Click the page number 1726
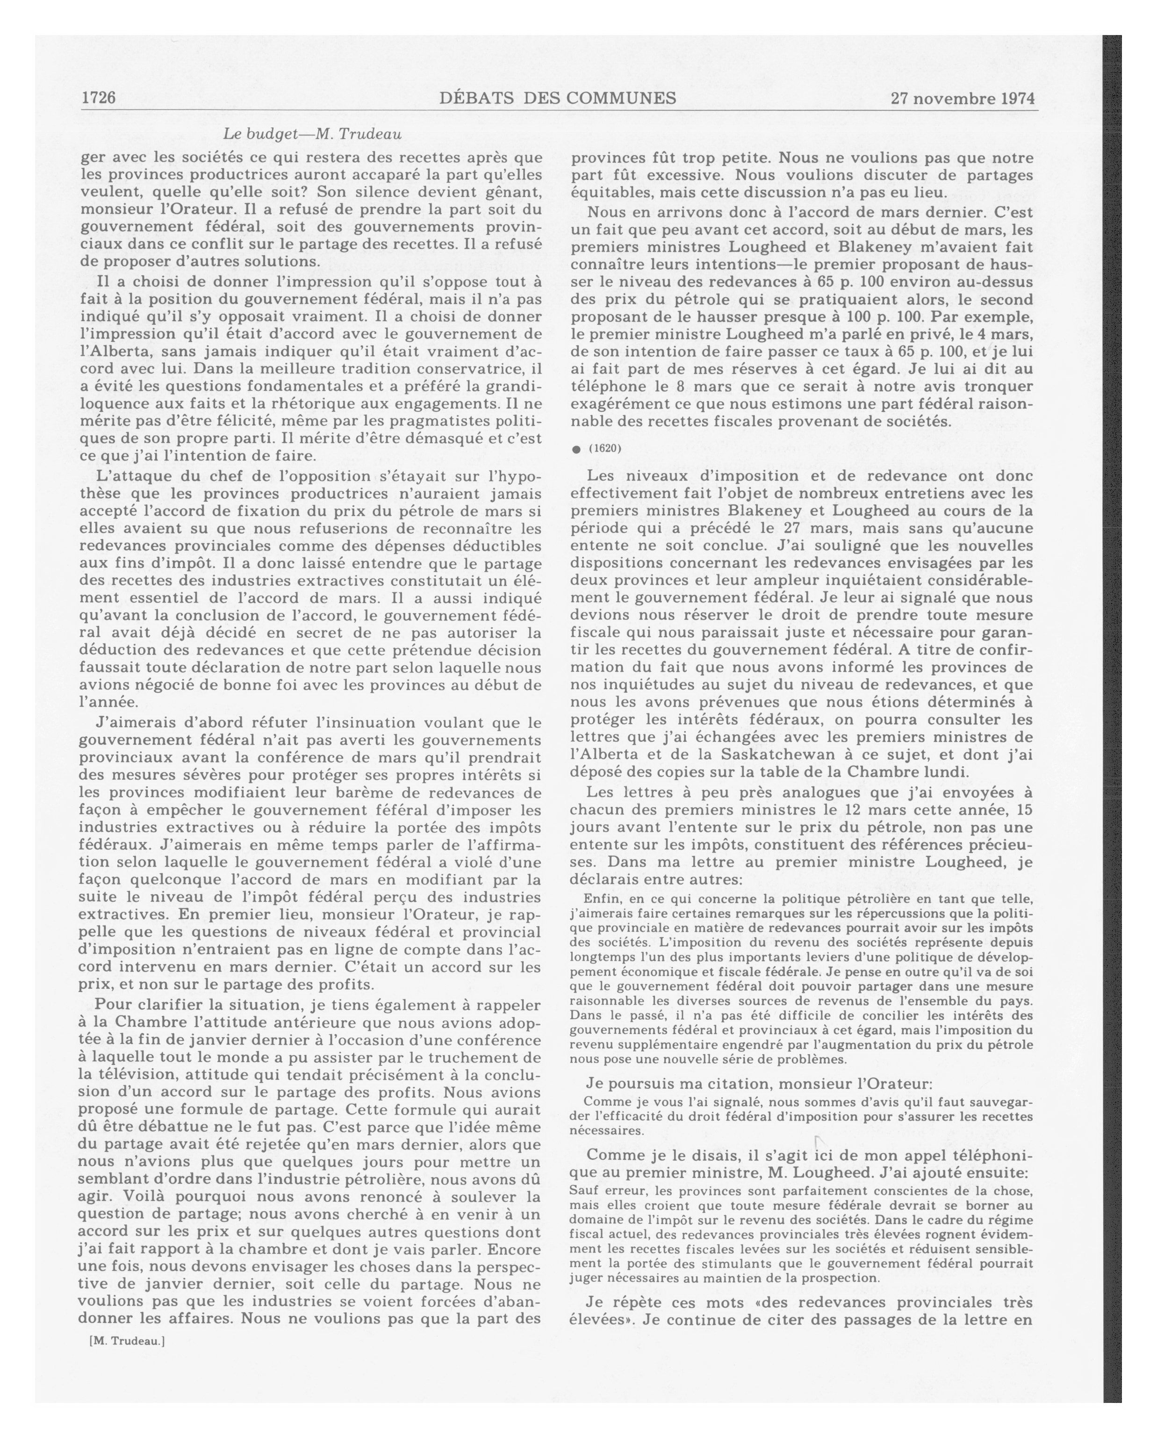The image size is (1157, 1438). click(x=99, y=98)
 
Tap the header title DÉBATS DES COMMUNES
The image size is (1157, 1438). click(x=558, y=98)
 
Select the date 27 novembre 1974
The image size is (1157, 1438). click(x=962, y=99)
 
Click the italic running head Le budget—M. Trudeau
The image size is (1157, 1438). click(x=312, y=133)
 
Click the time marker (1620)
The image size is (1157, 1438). click(x=605, y=448)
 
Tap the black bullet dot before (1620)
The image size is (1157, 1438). click(x=576, y=450)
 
